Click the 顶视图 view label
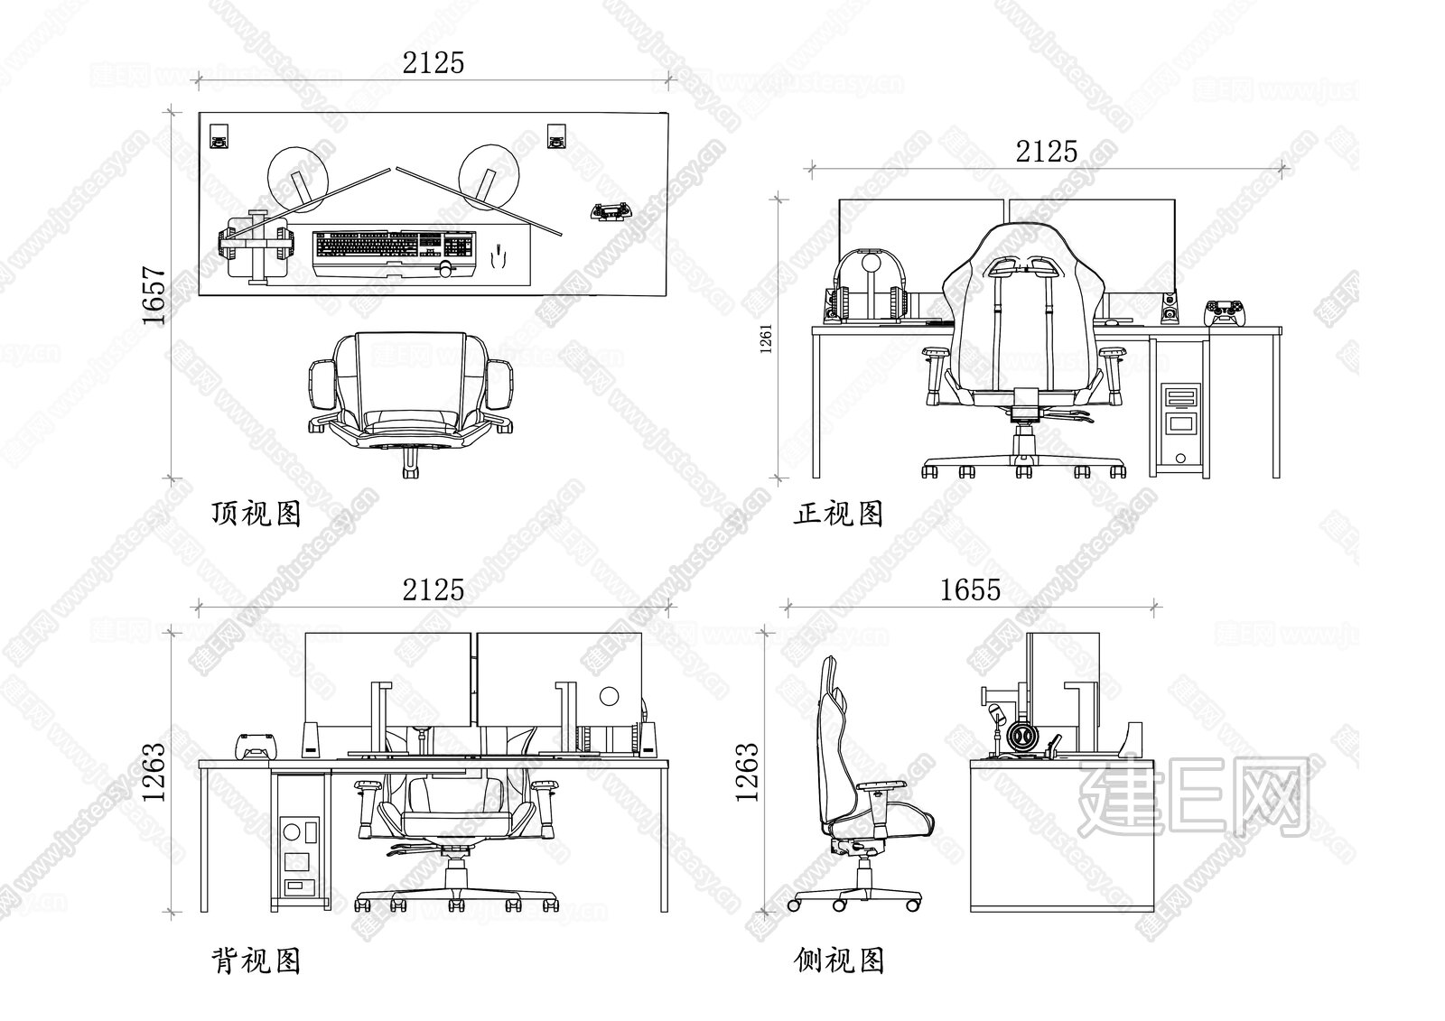(x=256, y=514)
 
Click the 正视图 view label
(x=838, y=514)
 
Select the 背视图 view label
(x=256, y=961)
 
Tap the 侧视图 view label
(x=838, y=961)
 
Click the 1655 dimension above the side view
(x=970, y=589)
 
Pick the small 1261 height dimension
(x=766, y=339)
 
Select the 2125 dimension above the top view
(x=433, y=62)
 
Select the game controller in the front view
(x=1224, y=310)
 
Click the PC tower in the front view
(x=1181, y=425)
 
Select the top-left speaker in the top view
(x=219, y=136)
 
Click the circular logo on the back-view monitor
(x=610, y=696)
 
